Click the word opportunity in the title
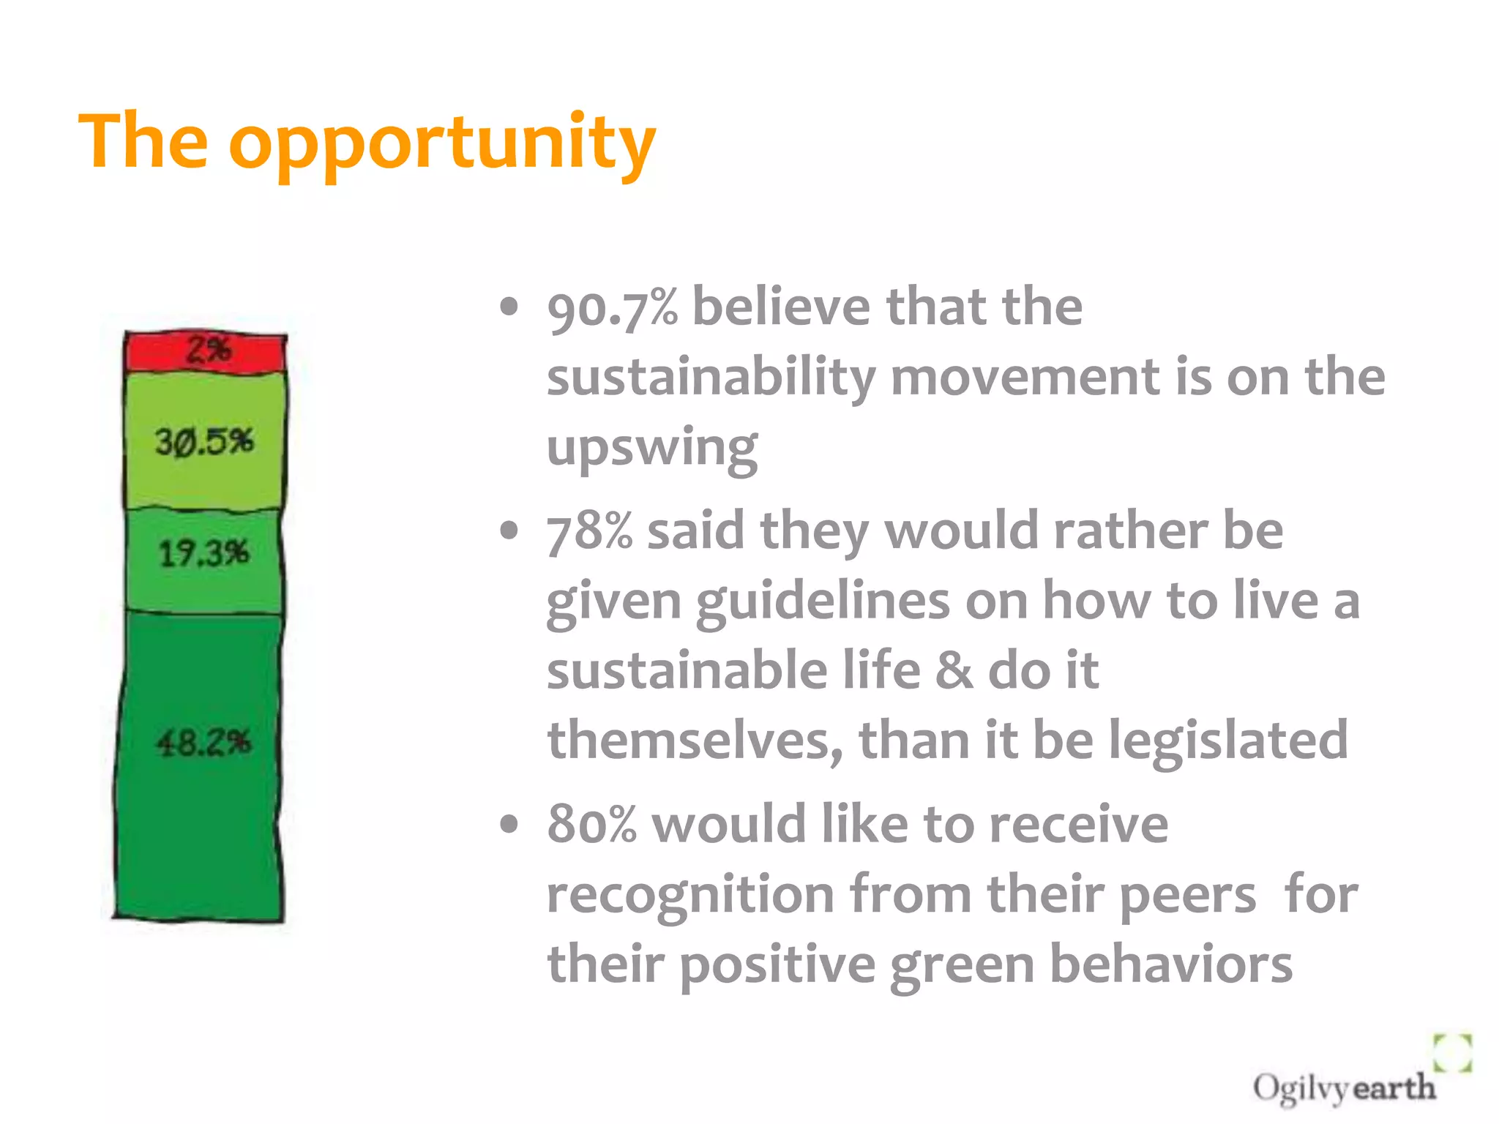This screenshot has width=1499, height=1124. coord(442,144)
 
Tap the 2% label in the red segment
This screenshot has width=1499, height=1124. coord(208,350)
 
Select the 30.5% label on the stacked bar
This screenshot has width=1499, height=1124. coord(204,442)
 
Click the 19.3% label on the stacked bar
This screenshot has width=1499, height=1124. coord(204,553)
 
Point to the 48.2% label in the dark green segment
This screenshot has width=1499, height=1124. coord(203,743)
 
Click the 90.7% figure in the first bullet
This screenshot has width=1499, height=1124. coord(612,308)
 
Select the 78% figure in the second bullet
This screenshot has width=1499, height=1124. coord(589,531)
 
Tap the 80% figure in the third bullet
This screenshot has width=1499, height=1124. coord(591,825)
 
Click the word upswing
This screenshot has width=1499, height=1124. coord(652,447)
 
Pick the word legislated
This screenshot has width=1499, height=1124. coord(1227,740)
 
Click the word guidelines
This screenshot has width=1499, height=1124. coord(823,601)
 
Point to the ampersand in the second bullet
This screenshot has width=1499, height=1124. coord(954,670)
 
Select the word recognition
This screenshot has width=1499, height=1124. coord(690,896)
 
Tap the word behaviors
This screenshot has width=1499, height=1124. coord(1170,964)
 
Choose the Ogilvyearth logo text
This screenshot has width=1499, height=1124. coord(1344,1088)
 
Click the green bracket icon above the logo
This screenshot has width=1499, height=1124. coord(1452,1053)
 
